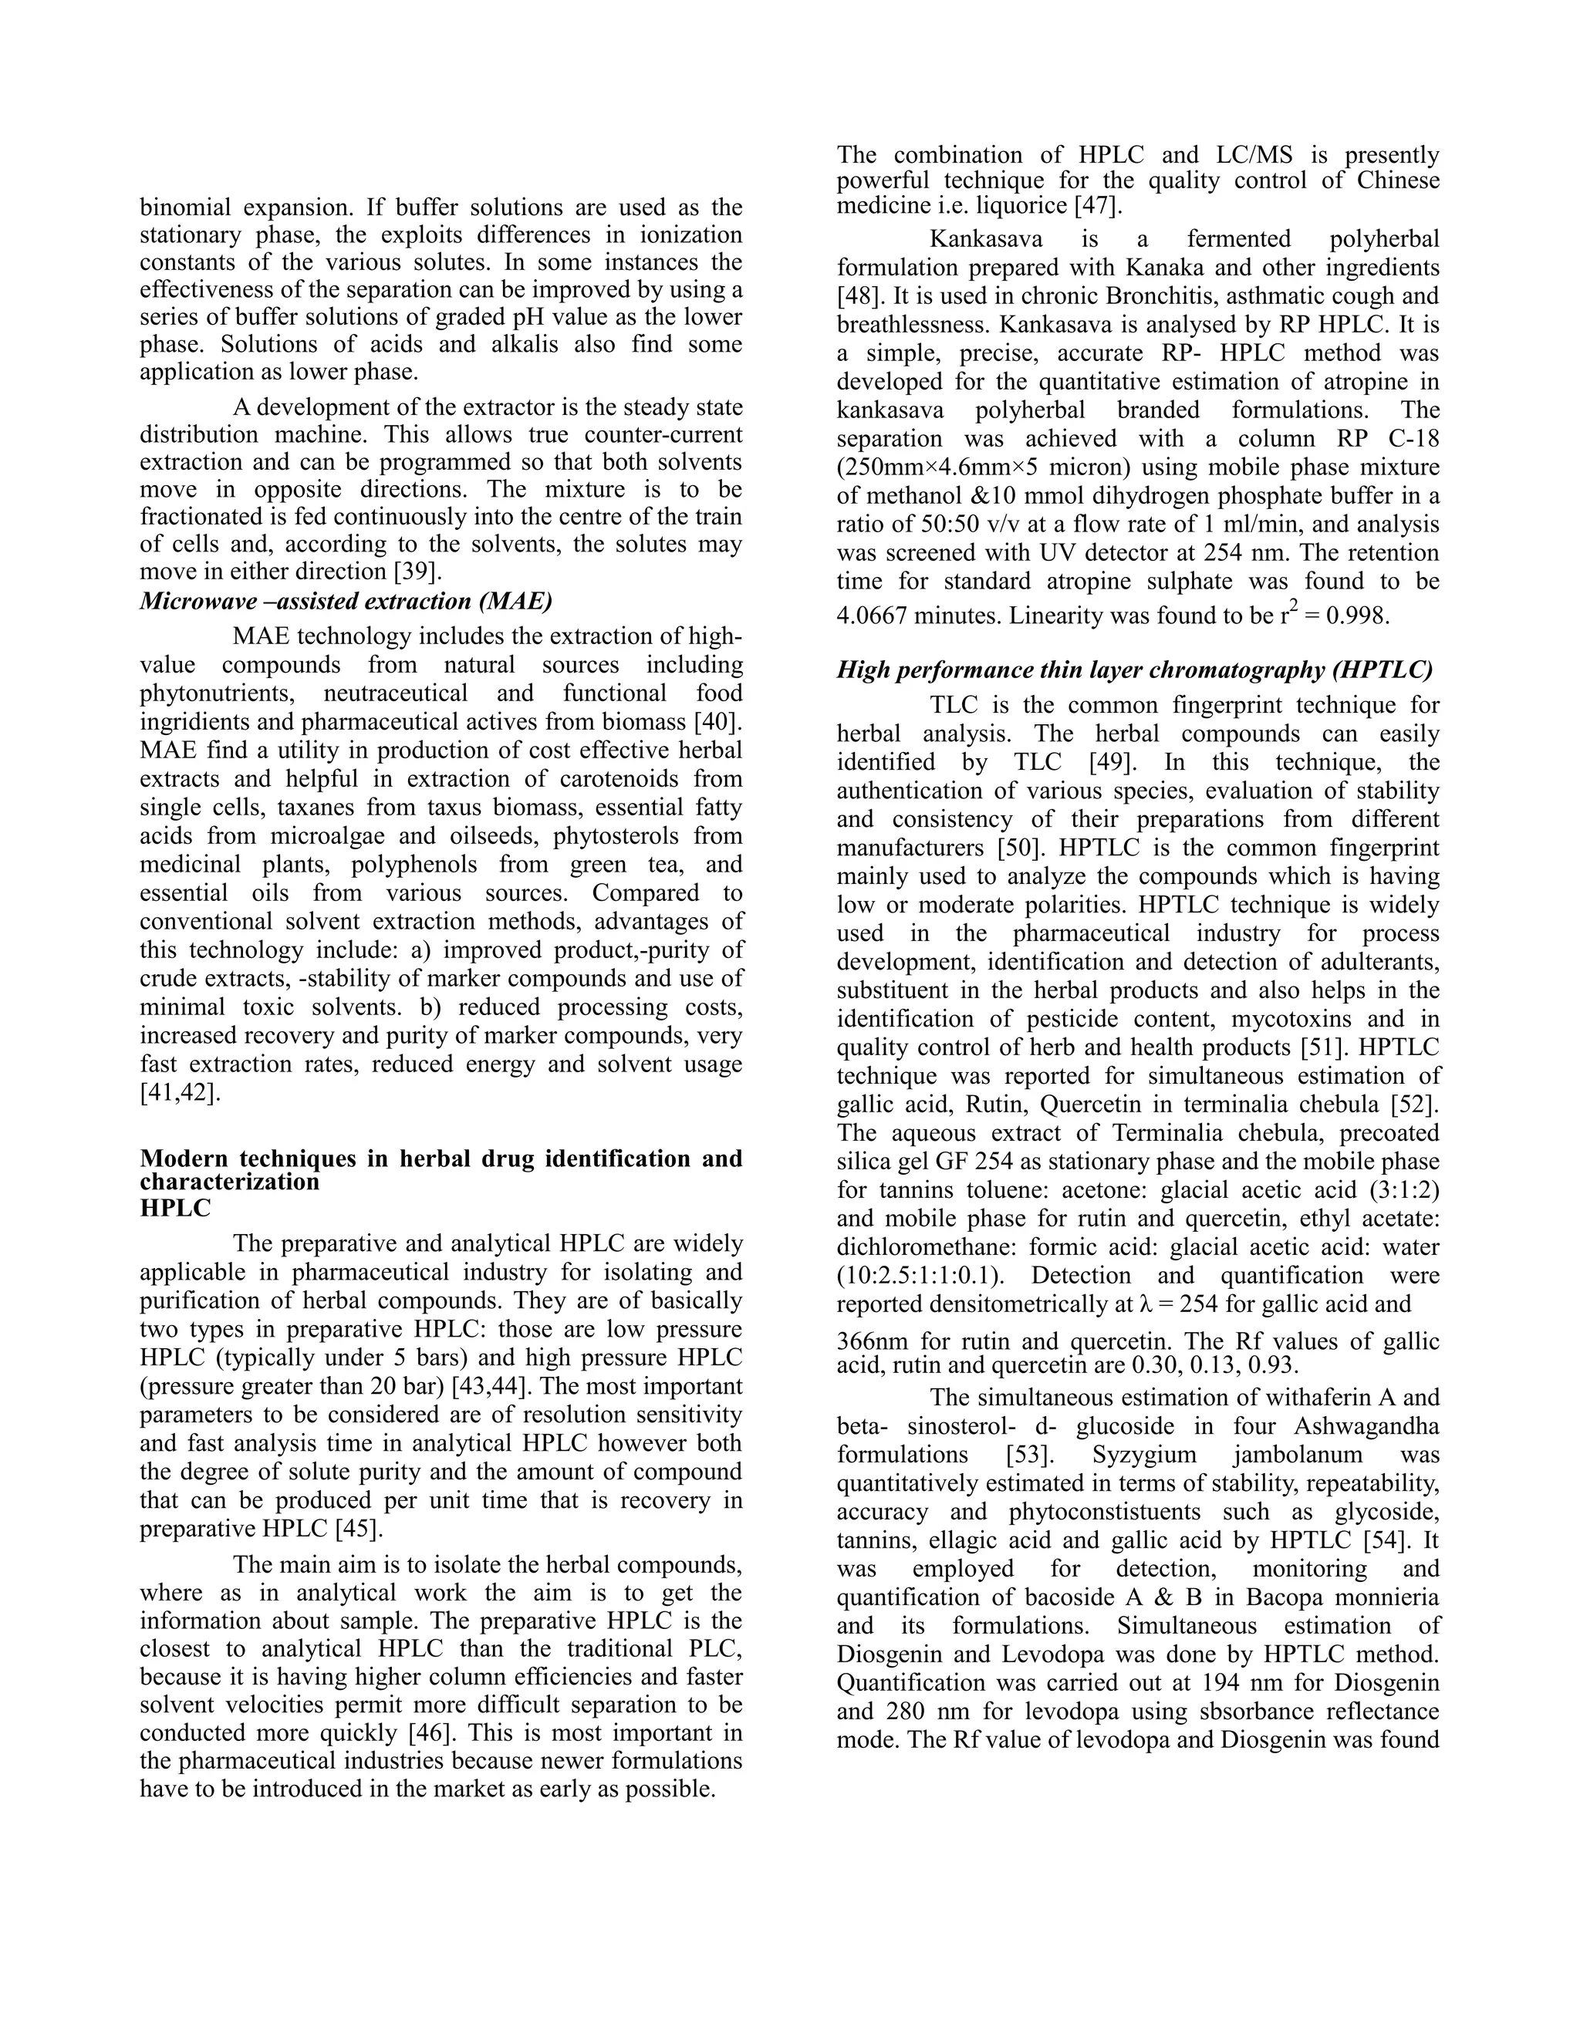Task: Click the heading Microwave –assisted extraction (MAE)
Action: pyautogui.click(x=346, y=601)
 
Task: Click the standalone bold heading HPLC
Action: pyautogui.click(x=175, y=1208)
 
